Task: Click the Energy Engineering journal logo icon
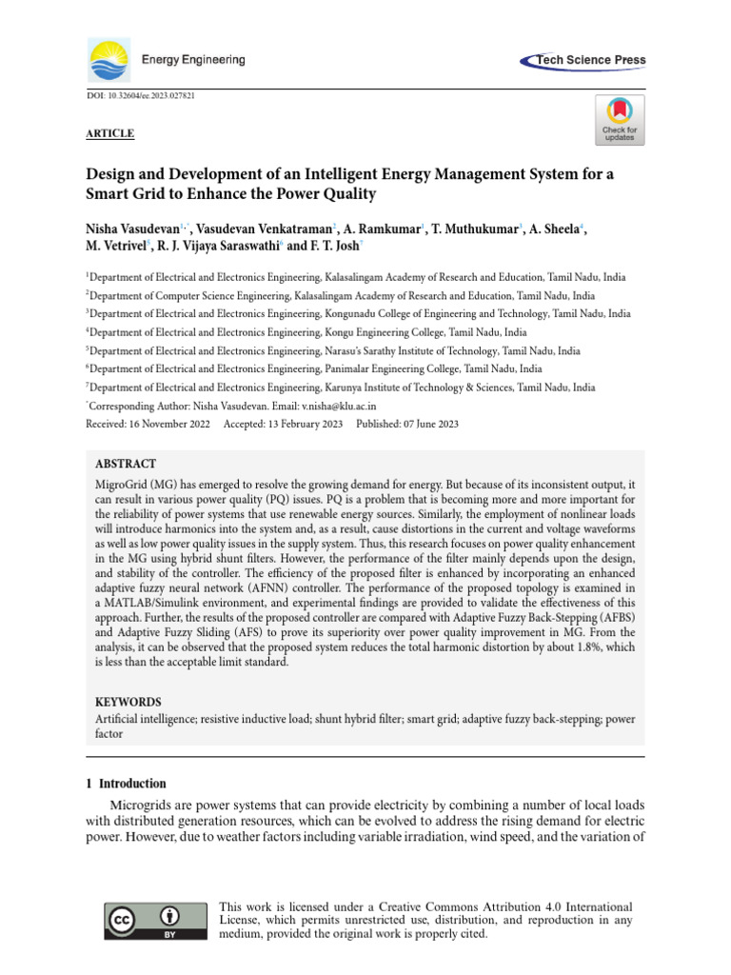pyautogui.click(x=109, y=60)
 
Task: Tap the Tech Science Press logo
pyautogui.click(x=583, y=60)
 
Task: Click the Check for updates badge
pyautogui.click(x=620, y=119)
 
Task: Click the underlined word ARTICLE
pyautogui.click(x=109, y=134)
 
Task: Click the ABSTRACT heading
pyautogui.click(x=127, y=464)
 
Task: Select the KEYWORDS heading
pyautogui.click(x=128, y=701)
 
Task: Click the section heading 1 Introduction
pyautogui.click(x=126, y=784)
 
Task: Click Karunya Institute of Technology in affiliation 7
pyautogui.click(x=405, y=388)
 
